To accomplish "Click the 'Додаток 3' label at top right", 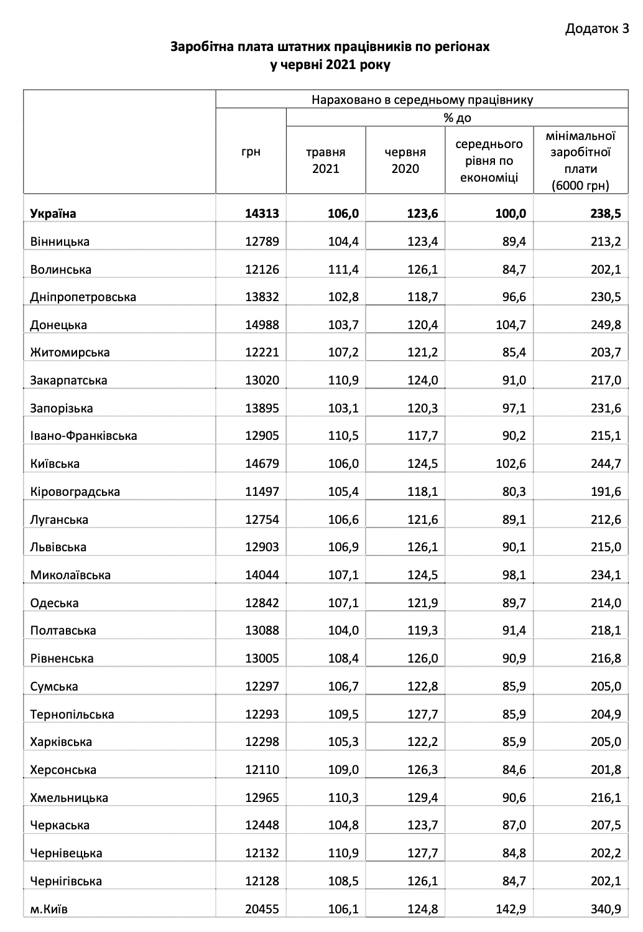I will click(x=597, y=29).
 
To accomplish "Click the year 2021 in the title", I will click(x=340, y=65).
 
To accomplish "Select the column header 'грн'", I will click(x=251, y=152).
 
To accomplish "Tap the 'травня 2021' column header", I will click(x=325, y=160).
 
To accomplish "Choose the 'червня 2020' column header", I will click(x=405, y=160).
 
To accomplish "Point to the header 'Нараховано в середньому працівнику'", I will click(x=422, y=100).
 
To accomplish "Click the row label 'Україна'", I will click(x=53, y=213).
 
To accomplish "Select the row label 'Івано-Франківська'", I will click(x=83, y=436).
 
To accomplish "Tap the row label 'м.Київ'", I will click(x=49, y=908).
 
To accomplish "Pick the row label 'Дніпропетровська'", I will click(x=83, y=297).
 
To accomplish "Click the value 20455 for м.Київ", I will click(x=262, y=908).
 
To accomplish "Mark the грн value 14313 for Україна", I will click(x=262, y=213).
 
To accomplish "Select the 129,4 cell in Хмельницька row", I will click(x=422, y=798).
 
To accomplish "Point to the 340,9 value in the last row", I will click(x=606, y=908).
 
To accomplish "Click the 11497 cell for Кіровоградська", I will click(x=262, y=492).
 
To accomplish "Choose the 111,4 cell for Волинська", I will click(x=343, y=269).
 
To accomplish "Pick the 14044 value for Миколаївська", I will click(x=262, y=575).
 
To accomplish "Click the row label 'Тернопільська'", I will click(x=72, y=714).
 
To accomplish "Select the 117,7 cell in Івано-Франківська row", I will click(x=422, y=436).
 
